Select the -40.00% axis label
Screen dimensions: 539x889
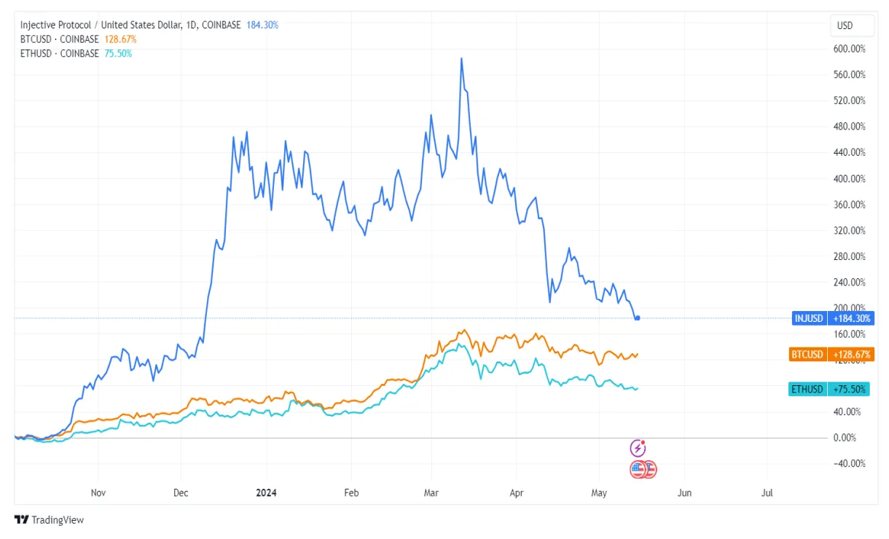850,464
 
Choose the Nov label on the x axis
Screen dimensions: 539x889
98,493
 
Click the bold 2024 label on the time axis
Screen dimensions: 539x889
266,493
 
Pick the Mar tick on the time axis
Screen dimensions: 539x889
432,493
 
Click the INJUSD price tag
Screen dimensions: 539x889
809,318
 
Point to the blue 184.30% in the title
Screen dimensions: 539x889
262,25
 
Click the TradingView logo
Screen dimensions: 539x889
50,520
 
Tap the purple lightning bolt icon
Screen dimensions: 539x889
638,448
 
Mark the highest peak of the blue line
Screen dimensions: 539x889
461,58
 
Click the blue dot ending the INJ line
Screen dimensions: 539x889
638,318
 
